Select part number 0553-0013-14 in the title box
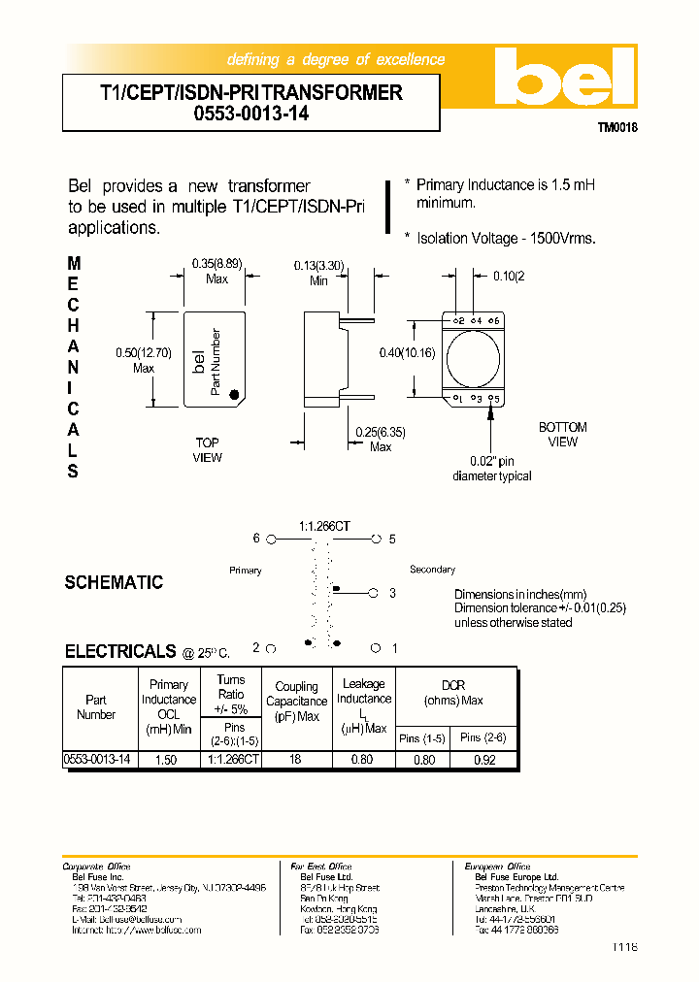click(x=250, y=114)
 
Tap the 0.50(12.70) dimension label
click(x=130, y=360)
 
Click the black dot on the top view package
click(x=234, y=394)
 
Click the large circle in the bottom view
click(x=475, y=359)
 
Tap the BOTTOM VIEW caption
click(x=563, y=435)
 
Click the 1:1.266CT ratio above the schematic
click(x=325, y=525)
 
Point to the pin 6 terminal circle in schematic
click(x=273, y=539)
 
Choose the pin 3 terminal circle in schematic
click(x=375, y=592)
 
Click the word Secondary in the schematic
click(x=432, y=570)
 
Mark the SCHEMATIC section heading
click(x=114, y=582)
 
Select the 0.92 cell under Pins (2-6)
click(x=483, y=761)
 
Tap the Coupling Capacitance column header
click(x=296, y=702)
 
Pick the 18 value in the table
click(x=295, y=761)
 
